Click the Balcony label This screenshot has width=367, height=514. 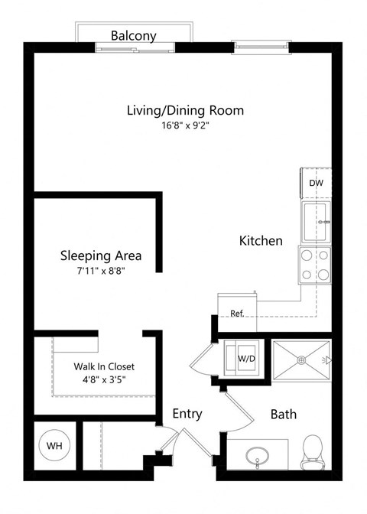[x=134, y=35]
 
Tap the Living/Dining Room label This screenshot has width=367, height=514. [x=185, y=110]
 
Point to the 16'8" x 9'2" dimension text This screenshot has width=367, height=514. [x=185, y=127]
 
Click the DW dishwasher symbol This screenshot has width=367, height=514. [x=316, y=184]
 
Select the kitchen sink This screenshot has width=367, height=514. [x=316, y=222]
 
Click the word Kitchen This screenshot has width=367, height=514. [x=261, y=240]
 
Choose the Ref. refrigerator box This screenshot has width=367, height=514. [x=236, y=313]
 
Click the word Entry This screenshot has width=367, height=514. [x=187, y=414]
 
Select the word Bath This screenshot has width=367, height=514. [x=283, y=415]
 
